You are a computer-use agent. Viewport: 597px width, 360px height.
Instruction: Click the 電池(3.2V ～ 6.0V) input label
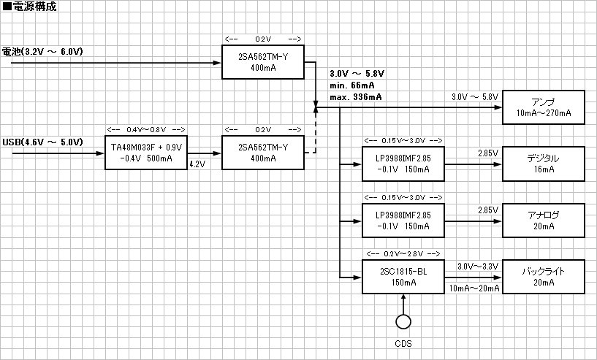coord(43,52)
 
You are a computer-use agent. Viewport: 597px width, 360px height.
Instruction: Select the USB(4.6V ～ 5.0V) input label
coord(43,142)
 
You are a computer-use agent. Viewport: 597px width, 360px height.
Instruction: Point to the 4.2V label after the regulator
coord(197,165)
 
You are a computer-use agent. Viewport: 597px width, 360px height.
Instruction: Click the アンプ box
coord(543,107)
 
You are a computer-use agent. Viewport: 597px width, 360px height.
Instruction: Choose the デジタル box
coord(543,163)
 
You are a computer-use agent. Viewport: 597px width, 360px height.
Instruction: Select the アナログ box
coord(543,220)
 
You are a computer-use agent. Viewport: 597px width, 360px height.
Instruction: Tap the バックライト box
coord(543,277)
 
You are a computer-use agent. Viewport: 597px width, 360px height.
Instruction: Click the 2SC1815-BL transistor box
coord(403,277)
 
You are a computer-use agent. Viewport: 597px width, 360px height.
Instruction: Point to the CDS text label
coord(403,344)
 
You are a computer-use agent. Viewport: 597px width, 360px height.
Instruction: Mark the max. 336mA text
coord(355,97)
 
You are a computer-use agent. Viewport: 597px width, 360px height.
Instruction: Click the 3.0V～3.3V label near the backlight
coord(477,266)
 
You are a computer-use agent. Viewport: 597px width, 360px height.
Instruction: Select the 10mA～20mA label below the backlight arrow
coord(475,288)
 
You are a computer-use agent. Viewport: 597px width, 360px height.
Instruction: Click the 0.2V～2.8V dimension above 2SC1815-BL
coord(403,253)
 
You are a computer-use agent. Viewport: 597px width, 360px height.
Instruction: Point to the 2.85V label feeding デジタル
coord(487,153)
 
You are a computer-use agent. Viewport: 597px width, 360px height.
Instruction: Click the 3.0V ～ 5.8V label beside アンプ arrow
coord(474,97)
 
